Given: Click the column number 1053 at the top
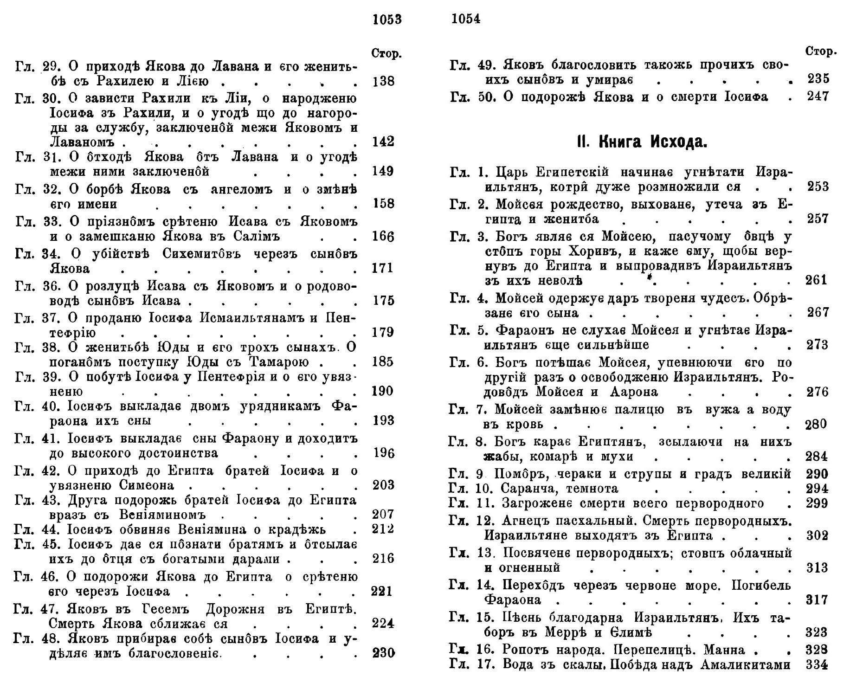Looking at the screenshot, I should tap(387, 19).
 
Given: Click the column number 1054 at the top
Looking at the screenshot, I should tap(465, 19).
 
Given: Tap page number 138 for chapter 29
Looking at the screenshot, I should tap(383, 81).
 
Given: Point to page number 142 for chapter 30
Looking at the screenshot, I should tap(383, 141).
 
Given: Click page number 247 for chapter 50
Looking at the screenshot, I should tap(818, 97).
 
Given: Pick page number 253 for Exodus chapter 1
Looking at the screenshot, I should tap(818, 187).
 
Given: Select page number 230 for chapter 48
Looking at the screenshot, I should tap(383, 653).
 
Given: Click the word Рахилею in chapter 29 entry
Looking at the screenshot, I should tap(140, 81).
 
